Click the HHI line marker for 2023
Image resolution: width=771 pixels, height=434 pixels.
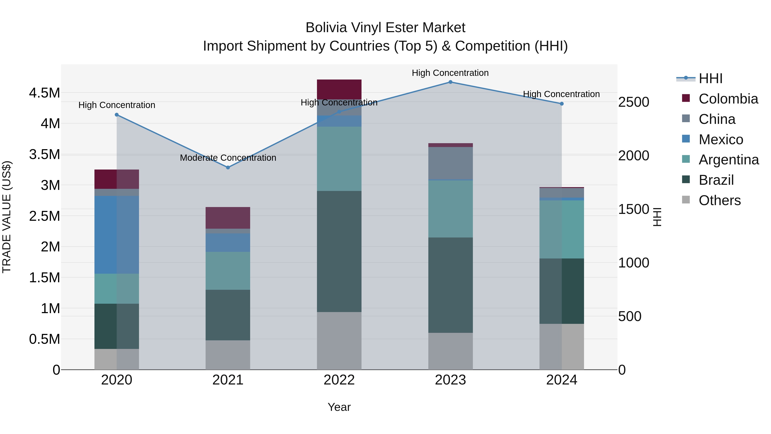pyautogui.click(x=450, y=82)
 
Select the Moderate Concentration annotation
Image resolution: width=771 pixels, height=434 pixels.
pyautogui.click(x=228, y=158)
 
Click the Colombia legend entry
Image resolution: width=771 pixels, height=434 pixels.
pyautogui.click(x=728, y=99)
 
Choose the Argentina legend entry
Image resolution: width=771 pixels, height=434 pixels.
pyautogui.click(x=729, y=160)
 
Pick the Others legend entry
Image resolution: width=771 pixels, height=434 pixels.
pyautogui.click(x=720, y=200)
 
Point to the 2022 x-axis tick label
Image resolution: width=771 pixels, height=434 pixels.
pyautogui.click(x=339, y=380)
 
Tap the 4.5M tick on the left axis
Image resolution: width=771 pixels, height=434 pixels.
pyautogui.click(x=45, y=93)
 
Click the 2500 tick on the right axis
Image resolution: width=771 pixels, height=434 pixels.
pyautogui.click(x=634, y=102)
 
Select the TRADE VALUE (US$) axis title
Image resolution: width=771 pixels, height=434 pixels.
pyautogui.click(x=7, y=217)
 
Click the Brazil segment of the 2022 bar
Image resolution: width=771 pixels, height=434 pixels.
pyautogui.click(x=339, y=252)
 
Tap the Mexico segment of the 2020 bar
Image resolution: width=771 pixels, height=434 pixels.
pyautogui.click(x=117, y=235)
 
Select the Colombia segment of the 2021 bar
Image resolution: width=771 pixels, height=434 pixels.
pyautogui.click(x=228, y=218)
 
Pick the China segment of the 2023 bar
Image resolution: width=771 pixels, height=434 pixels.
pyautogui.click(x=450, y=163)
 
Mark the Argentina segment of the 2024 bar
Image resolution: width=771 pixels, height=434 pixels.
pyautogui.click(x=562, y=229)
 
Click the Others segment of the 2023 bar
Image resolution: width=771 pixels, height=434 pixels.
pyautogui.click(x=450, y=351)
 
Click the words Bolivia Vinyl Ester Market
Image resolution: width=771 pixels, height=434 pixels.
pyautogui.click(x=385, y=28)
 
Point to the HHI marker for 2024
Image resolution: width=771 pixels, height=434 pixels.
pyautogui.click(x=562, y=104)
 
